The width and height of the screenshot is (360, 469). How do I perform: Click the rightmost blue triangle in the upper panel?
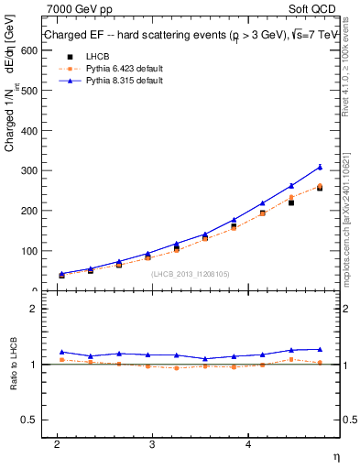click(320, 167)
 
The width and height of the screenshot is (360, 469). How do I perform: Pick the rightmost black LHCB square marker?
click(320, 188)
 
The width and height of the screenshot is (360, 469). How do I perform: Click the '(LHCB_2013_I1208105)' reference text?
click(189, 273)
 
